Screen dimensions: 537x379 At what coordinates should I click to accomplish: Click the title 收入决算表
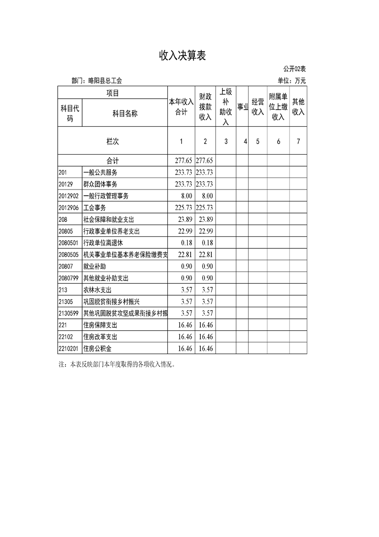tap(182, 56)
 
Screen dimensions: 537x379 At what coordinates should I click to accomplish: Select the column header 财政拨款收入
tap(205, 107)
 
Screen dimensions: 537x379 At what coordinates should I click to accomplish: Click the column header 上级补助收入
tap(226, 107)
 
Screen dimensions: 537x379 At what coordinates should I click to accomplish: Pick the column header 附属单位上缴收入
tap(278, 107)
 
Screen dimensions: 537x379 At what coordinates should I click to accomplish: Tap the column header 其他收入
tap(298, 107)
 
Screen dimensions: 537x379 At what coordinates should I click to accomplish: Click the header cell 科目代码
tap(70, 113)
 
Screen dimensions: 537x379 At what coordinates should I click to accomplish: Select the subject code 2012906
tap(68, 208)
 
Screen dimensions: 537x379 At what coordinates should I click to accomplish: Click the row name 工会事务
tap(95, 208)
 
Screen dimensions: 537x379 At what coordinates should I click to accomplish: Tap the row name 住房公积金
tap(97, 348)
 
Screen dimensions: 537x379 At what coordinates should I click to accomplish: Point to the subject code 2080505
tap(68, 255)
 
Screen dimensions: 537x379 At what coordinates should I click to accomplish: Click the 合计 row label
tap(113, 161)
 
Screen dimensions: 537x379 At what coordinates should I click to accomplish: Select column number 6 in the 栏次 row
tap(278, 141)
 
